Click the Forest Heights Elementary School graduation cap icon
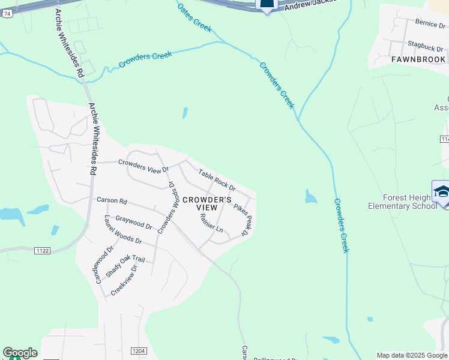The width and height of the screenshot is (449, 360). click(442, 191)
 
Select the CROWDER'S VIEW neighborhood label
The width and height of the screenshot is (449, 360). click(206, 203)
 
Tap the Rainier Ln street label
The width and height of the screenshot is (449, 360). click(211, 223)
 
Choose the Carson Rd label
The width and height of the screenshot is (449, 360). click(112, 200)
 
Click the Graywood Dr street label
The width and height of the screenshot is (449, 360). click(134, 222)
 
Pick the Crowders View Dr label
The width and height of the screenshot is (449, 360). click(144, 165)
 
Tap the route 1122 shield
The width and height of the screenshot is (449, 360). click(42, 250)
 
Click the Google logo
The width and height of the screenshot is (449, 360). click(20, 353)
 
